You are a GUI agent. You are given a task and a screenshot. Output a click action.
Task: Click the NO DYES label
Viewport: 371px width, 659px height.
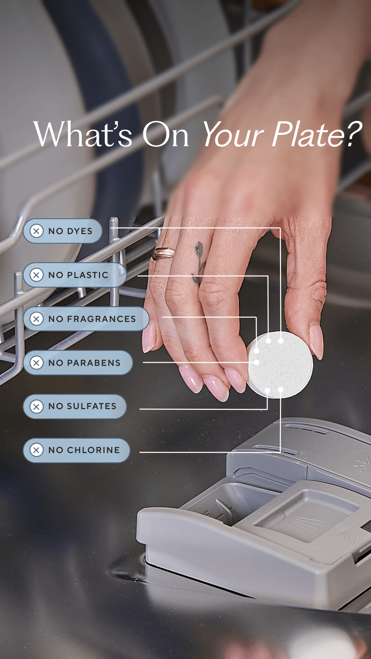(63, 231)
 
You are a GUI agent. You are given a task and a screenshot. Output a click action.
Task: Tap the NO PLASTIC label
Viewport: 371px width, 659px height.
(75, 275)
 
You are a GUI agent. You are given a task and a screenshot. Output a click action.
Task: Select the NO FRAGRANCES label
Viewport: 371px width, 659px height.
(86, 319)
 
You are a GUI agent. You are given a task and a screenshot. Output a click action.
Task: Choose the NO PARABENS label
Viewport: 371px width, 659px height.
(78, 363)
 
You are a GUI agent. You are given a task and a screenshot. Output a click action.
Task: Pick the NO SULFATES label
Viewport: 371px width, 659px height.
(75, 406)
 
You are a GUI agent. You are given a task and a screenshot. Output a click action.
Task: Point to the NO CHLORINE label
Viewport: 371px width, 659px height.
(77, 450)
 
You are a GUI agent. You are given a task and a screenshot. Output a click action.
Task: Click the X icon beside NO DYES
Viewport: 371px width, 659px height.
(36, 231)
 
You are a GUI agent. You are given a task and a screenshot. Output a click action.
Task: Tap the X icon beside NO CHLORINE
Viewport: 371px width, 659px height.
(36, 450)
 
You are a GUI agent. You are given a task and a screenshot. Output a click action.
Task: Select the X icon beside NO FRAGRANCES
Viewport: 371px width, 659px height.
(36, 319)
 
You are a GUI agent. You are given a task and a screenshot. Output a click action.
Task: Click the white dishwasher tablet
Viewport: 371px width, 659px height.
(280, 365)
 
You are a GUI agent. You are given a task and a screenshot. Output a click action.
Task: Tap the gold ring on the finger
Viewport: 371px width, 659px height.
(163, 253)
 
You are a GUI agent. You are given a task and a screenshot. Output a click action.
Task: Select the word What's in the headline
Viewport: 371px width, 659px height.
(83, 134)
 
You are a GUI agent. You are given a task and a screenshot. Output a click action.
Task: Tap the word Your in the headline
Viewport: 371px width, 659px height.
(234, 134)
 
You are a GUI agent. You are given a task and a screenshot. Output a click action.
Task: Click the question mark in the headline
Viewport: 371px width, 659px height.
(353, 134)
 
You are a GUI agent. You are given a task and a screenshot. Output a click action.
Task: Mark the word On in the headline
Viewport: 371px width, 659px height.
(165, 134)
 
